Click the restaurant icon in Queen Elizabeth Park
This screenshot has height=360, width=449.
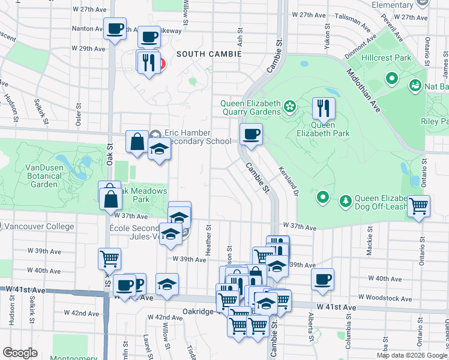pos(324,109)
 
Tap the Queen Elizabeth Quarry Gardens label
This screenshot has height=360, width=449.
pos(250,107)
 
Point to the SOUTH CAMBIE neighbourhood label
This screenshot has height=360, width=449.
pos(209,54)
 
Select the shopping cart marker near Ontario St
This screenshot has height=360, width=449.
pos(419,206)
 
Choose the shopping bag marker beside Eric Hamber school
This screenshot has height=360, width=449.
pos(137,142)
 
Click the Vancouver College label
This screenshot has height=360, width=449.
pos(40,227)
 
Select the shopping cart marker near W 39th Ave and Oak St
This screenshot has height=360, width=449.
pos(109,259)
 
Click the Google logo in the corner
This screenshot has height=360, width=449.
pos(20,353)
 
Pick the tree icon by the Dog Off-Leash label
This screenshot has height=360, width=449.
pos(346,200)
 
